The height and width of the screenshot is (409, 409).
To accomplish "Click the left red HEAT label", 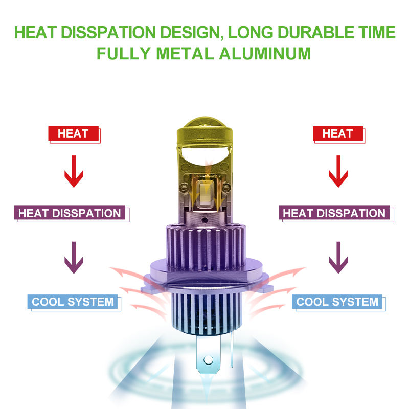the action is point(73,134).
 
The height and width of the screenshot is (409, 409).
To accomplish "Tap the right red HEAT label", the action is point(337,134).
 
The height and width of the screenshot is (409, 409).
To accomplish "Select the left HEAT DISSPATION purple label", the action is point(70,213).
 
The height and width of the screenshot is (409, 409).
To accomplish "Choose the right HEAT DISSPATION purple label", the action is point(334,213).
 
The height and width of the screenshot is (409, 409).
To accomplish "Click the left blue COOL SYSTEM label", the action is point(73,302).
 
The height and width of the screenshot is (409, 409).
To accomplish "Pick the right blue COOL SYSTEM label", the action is point(337,302).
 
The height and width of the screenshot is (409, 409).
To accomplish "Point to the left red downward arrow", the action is point(73,171).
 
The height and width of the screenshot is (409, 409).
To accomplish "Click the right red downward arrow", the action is point(337,171).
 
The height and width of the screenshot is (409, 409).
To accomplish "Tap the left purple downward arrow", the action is point(73,258).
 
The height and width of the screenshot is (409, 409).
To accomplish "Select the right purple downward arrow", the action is point(337,258).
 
